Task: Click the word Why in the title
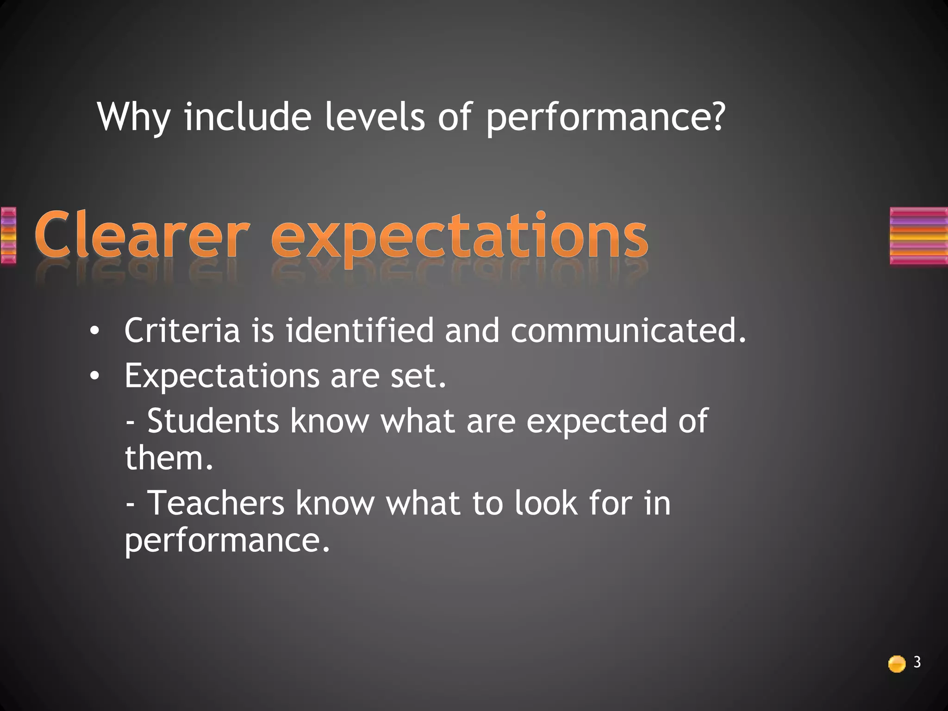click(134, 118)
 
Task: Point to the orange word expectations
click(459, 238)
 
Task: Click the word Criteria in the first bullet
click(182, 331)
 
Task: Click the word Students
click(213, 421)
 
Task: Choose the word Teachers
click(216, 503)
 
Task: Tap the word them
click(168, 458)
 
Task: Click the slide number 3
click(917, 662)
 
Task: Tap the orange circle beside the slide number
click(897, 664)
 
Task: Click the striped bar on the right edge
click(918, 236)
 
